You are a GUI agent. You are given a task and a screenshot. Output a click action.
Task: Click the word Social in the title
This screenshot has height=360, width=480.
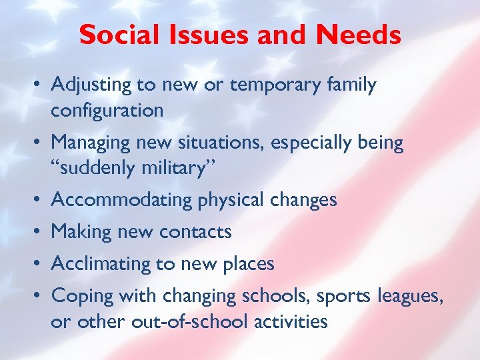[x=116, y=35]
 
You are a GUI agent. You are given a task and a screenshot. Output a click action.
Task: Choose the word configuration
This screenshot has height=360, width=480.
[x=107, y=111]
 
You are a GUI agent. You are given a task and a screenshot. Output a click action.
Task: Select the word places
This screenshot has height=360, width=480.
[x=247, y=264]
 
